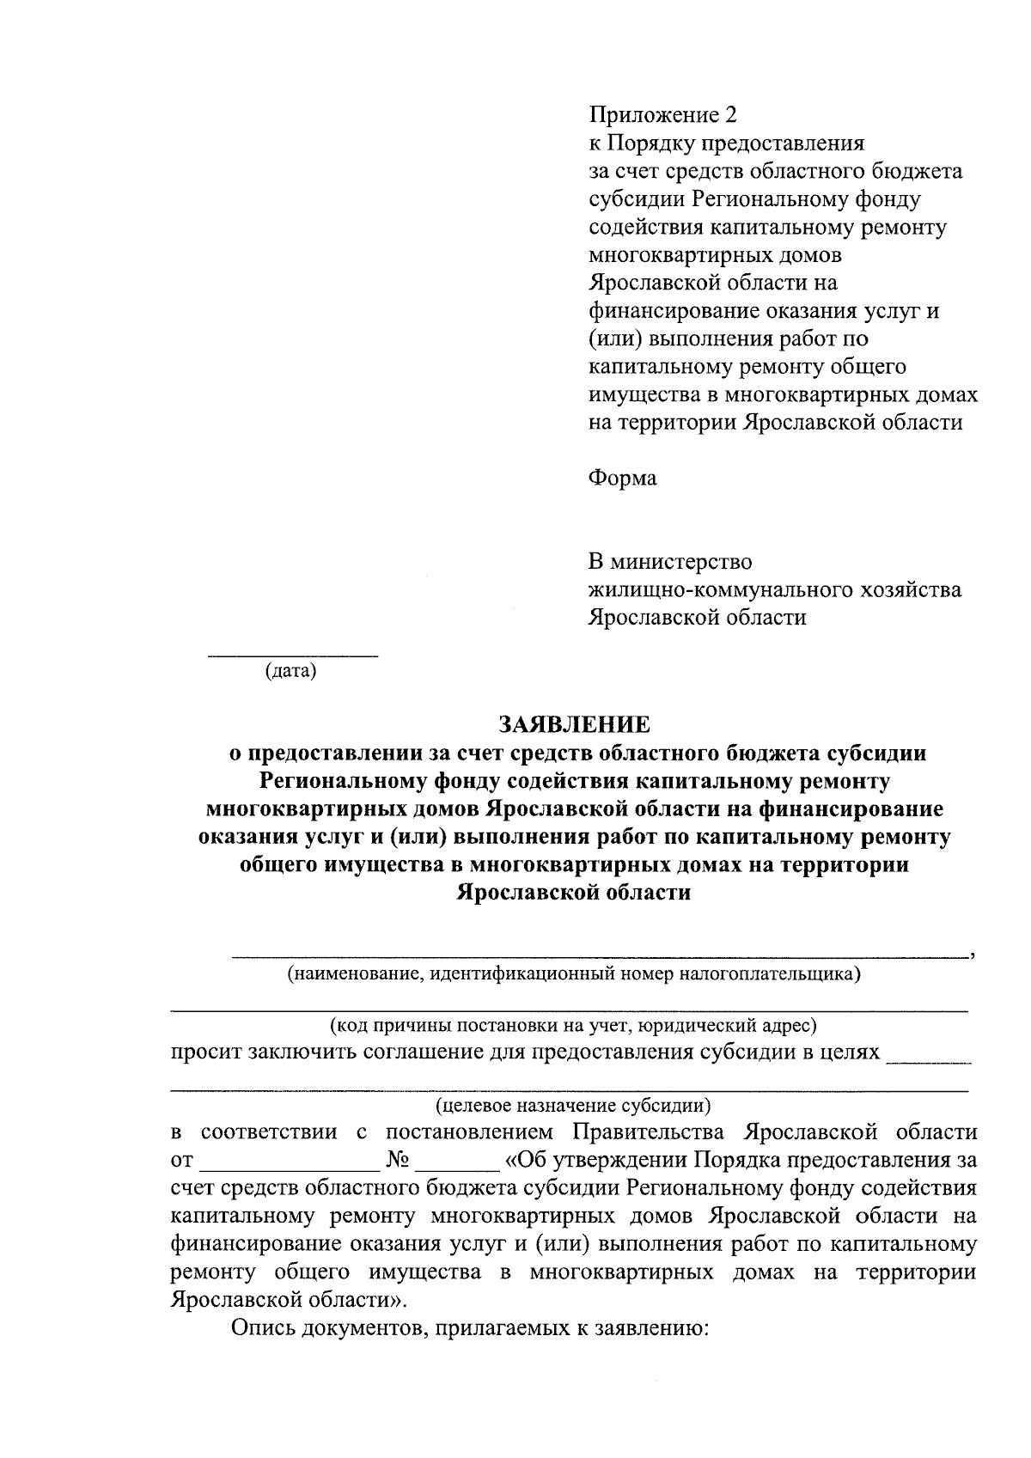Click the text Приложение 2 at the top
tap(662, 114)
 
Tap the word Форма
tap(622, 479)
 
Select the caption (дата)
tap(290, 670)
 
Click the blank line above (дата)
tap(292, 656)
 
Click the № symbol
tap(397, 1160)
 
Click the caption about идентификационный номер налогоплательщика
tap(574, 974)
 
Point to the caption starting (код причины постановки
tap(574, 1025)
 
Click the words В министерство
tap(669, 562)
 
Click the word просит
tap(205, 1052)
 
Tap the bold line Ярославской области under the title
tap(574, 893)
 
